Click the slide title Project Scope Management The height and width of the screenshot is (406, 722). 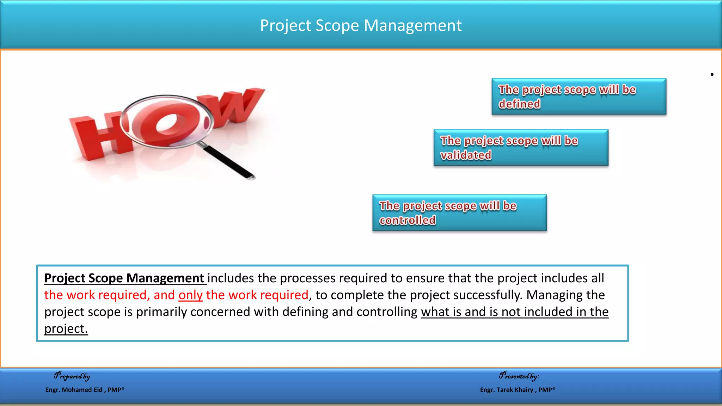tap(361, 25)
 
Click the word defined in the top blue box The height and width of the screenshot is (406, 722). tap(519, 104)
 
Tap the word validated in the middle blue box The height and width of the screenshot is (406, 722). tap(466, 155)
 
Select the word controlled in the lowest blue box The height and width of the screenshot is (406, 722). tap(407, 220)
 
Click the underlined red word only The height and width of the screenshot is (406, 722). tap(190, 295)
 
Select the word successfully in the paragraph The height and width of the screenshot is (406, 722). tap(487, 295)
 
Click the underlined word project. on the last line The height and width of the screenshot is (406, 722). tap(66, 329)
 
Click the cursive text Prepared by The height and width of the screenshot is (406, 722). tap(72, 376)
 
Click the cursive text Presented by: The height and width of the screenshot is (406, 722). tap(519, 376)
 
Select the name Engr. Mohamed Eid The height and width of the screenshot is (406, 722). tap(74, 390)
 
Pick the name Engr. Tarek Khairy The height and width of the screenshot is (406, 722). tap(506, 390)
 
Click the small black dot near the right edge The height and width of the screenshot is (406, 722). tap(712, 74)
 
